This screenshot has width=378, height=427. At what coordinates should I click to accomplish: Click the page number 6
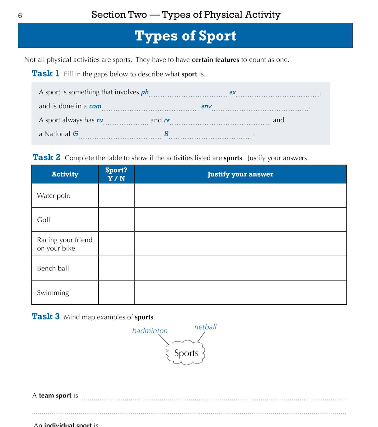(20, 16)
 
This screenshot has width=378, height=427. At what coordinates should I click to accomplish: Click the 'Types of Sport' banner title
(185, 36)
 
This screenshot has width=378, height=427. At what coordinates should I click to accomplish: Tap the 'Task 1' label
(45, 74)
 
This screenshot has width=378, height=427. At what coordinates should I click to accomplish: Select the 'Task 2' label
(46, 157)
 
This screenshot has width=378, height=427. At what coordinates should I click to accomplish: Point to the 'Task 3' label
(46, 316)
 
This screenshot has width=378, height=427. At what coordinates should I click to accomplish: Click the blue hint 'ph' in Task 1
(145, 92)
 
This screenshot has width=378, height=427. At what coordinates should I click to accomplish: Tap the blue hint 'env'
(206, 106)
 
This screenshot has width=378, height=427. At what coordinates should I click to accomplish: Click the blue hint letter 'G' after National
(76, 134)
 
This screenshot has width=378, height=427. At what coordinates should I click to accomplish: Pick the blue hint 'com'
(95, 106)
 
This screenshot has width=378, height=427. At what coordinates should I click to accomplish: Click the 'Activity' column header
(65, 174)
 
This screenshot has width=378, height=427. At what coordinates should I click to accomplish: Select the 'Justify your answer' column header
(240, 174)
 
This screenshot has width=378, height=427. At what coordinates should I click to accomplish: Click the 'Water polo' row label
(54, 196)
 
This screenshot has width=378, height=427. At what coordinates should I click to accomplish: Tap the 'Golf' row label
(44, 220)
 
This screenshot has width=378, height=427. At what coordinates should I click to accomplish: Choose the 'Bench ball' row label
(53, 268)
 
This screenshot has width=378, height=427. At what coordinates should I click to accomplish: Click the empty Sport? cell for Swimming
(116, 292)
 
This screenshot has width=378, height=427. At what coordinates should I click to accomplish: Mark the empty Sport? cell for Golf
(116, 220)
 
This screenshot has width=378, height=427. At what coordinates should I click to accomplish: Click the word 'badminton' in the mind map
(150, 331)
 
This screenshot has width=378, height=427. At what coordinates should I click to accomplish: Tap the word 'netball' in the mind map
(205, 327)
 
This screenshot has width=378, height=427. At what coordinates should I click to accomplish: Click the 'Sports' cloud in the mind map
(186, 353)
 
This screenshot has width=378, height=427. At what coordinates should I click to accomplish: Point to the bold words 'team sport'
(55, 396)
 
